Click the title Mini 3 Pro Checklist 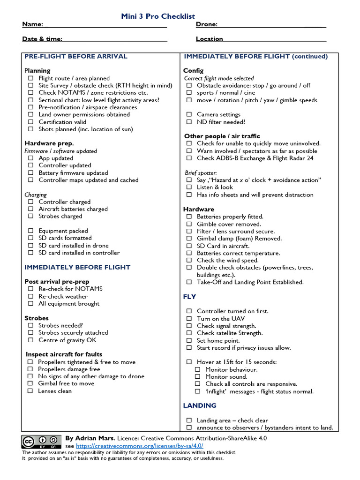158,16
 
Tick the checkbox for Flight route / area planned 30,78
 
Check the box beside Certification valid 30,122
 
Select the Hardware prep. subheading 49,143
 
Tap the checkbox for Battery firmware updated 30,173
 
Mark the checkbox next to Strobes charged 30,217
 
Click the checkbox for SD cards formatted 30,238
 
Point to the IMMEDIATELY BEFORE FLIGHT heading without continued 77,267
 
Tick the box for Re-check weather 30,296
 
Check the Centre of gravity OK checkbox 30,340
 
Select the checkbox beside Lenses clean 30,391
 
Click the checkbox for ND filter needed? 189,122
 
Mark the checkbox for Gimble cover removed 189,224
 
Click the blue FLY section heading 189,297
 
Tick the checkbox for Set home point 189,341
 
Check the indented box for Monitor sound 197,377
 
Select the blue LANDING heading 200,405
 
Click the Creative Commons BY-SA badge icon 41,442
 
